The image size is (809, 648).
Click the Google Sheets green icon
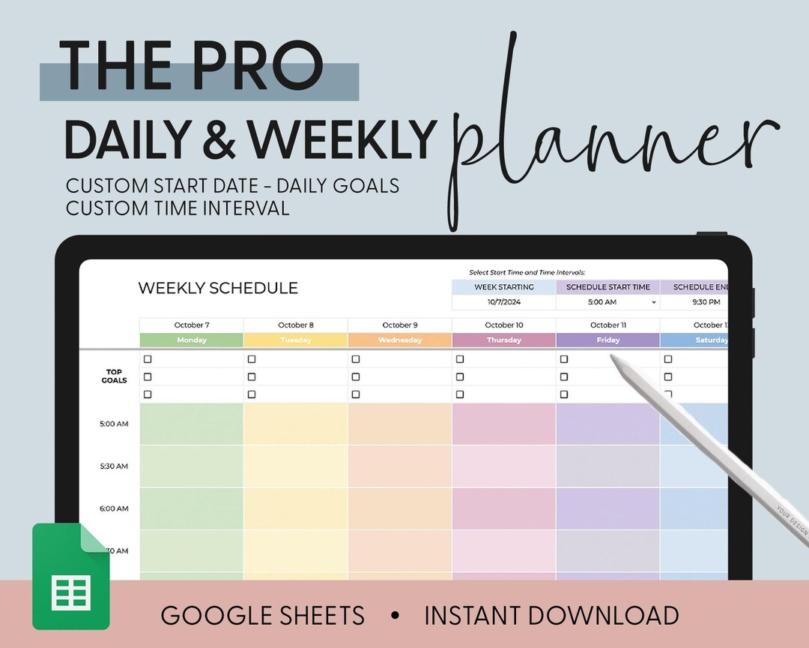[x=70, y=577]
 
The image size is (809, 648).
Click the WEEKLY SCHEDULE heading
[x=218, y=288]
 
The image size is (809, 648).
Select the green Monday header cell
[x=191, y=340]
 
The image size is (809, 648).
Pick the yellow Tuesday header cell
[x=295, y=340]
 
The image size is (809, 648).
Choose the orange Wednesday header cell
[x=399, y=340]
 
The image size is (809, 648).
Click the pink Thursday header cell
[x=503, y=340]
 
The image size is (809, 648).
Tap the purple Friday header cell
[x=607, y=340]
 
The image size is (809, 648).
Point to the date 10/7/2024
[x=503, y=302]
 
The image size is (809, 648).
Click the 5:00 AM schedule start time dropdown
[x=607, y=302]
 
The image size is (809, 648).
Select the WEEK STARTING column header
[x=503, y=287]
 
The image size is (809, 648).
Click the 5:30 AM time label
[x=114, y=466]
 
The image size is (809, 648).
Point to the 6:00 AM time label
[x=114, y=508]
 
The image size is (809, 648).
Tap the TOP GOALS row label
[x=115, y=376]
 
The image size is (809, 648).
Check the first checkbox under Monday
[x=148, y=359]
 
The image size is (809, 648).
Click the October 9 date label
[x=399, y=325]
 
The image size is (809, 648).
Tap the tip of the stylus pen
[x=613, y=358]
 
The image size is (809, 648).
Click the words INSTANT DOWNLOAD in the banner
[x=551, y=616]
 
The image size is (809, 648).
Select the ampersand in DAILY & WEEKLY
[x=219, y=139]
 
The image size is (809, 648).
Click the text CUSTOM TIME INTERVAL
[x=178, y=208]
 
